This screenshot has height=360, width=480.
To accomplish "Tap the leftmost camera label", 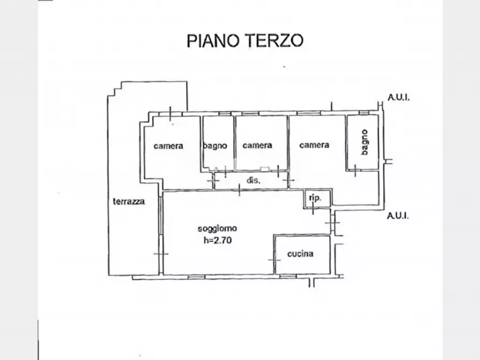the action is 168,146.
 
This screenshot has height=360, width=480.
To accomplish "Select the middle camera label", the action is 257,145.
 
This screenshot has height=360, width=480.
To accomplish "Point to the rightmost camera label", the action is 314,145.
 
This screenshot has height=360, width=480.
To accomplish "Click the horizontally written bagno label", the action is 215,146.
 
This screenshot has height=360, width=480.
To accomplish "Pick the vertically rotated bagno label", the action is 364,142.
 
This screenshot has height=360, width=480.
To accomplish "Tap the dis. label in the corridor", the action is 254,181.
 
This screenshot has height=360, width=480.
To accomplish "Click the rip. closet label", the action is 315,198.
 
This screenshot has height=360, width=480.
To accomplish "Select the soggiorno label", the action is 217,228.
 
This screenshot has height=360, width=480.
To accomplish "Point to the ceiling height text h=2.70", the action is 218,240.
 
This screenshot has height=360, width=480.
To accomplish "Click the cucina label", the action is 300,254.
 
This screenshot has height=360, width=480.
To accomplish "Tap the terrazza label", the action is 129,201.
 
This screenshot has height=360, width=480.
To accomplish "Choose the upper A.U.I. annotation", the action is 399,97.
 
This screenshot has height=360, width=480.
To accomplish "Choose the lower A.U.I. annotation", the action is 398,215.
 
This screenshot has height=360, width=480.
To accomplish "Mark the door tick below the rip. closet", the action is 313,208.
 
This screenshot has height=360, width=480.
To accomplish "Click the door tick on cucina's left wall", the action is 275,260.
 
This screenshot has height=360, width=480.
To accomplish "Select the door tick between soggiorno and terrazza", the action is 161,254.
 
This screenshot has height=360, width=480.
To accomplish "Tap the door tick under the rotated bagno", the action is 355,170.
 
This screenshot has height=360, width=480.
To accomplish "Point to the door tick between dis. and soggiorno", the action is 239,190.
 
